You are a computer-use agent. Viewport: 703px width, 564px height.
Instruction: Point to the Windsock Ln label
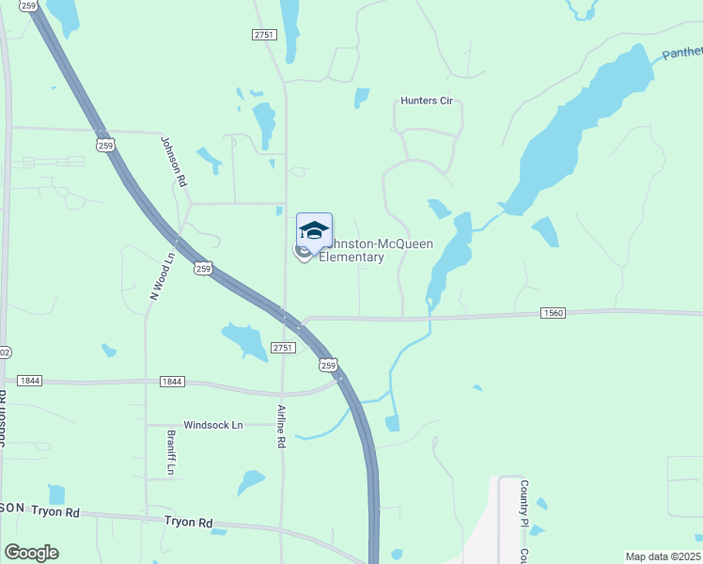pyautogui.click(x=212, y=425)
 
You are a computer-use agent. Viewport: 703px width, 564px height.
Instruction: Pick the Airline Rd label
pyautogui.click(x=280, y=426)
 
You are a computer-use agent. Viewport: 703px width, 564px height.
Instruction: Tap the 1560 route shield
pyautogui.click(x=553, y=313)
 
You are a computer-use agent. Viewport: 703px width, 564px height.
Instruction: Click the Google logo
pyautogui.click(x=31, y=553)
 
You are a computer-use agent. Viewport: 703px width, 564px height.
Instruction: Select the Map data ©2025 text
pyautogui.click(x=663, y=556)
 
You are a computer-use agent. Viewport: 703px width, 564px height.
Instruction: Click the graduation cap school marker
pyautogui.click(x=314, y=230)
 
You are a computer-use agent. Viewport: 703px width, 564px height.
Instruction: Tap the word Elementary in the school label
pyautogui.click(x=352, y=258)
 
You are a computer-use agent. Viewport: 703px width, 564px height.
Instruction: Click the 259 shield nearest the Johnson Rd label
pyautogui.click(x=104, y=145)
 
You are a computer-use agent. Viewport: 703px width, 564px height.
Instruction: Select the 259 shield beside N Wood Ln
pyautogui.click(x=204, y=269)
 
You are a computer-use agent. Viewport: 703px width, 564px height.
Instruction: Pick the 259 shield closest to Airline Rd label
pyautogui.click(x=327, y=365)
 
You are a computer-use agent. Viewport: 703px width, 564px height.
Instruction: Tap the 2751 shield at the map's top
pyautogui.click(x=263, y=34)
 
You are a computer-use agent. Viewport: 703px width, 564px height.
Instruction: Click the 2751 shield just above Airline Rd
pyautogui.click(x=284, y=347)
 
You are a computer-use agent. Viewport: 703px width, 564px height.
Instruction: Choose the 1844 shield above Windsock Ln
pyautogui.click(x=171, y=381)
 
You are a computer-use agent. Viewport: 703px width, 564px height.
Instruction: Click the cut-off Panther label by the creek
pyautogui.click(x=681, y=53)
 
